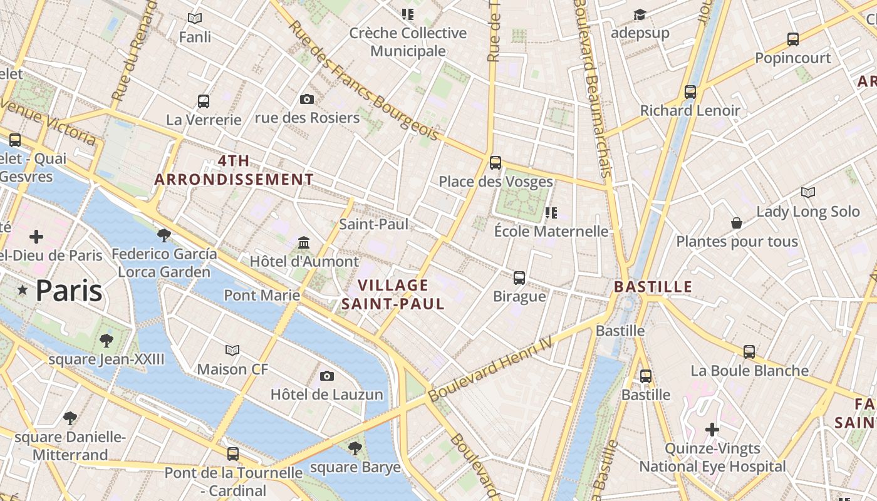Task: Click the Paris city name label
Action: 68,291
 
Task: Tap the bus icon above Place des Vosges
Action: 496,163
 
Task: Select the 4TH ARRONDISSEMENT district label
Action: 234,170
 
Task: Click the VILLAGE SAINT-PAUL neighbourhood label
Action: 393,295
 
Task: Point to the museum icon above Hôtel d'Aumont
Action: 304,242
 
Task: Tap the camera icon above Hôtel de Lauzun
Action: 326,376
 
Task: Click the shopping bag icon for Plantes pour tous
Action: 737,223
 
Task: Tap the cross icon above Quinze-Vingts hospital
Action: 712,430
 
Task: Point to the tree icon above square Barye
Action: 355,448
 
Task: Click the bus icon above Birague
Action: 519,277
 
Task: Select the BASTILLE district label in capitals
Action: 653,287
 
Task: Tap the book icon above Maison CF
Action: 232,350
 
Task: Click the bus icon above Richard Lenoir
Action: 690,92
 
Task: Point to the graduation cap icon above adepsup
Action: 640,14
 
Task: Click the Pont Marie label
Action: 262,294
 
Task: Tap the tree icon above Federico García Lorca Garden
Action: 164,235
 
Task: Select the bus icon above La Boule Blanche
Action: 749,351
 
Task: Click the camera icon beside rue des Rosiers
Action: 306,99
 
